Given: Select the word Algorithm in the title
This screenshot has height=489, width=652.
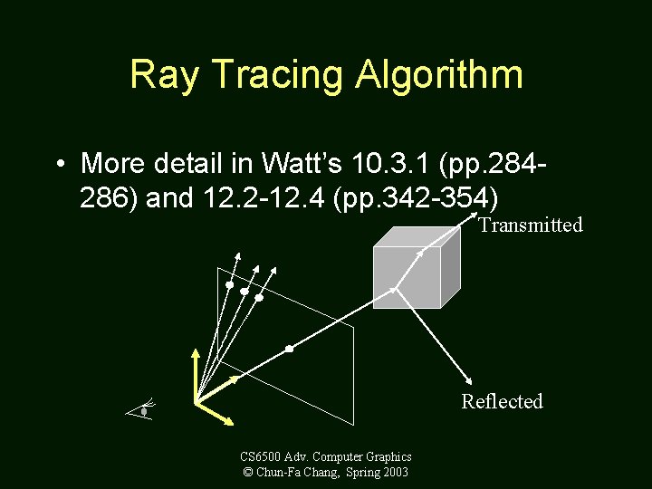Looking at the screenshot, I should pyautogui.click(x=439, y=75).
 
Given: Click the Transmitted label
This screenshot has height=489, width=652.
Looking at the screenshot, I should pyautogui.click(x=530, y=225).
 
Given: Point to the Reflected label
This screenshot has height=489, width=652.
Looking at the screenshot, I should pyautogui.click(x=502, y=401).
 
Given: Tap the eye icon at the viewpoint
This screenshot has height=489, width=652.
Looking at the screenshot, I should pyautogui.click(x=143, y=410).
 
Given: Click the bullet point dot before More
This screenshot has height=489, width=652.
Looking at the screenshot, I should pyautogui.click(x=58, y=165).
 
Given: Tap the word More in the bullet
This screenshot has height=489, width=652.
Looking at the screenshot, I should pyautogui.click(x=112, y=164).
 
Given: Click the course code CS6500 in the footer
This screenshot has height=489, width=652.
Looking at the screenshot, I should pyautogui.click(x=262, y=456).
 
